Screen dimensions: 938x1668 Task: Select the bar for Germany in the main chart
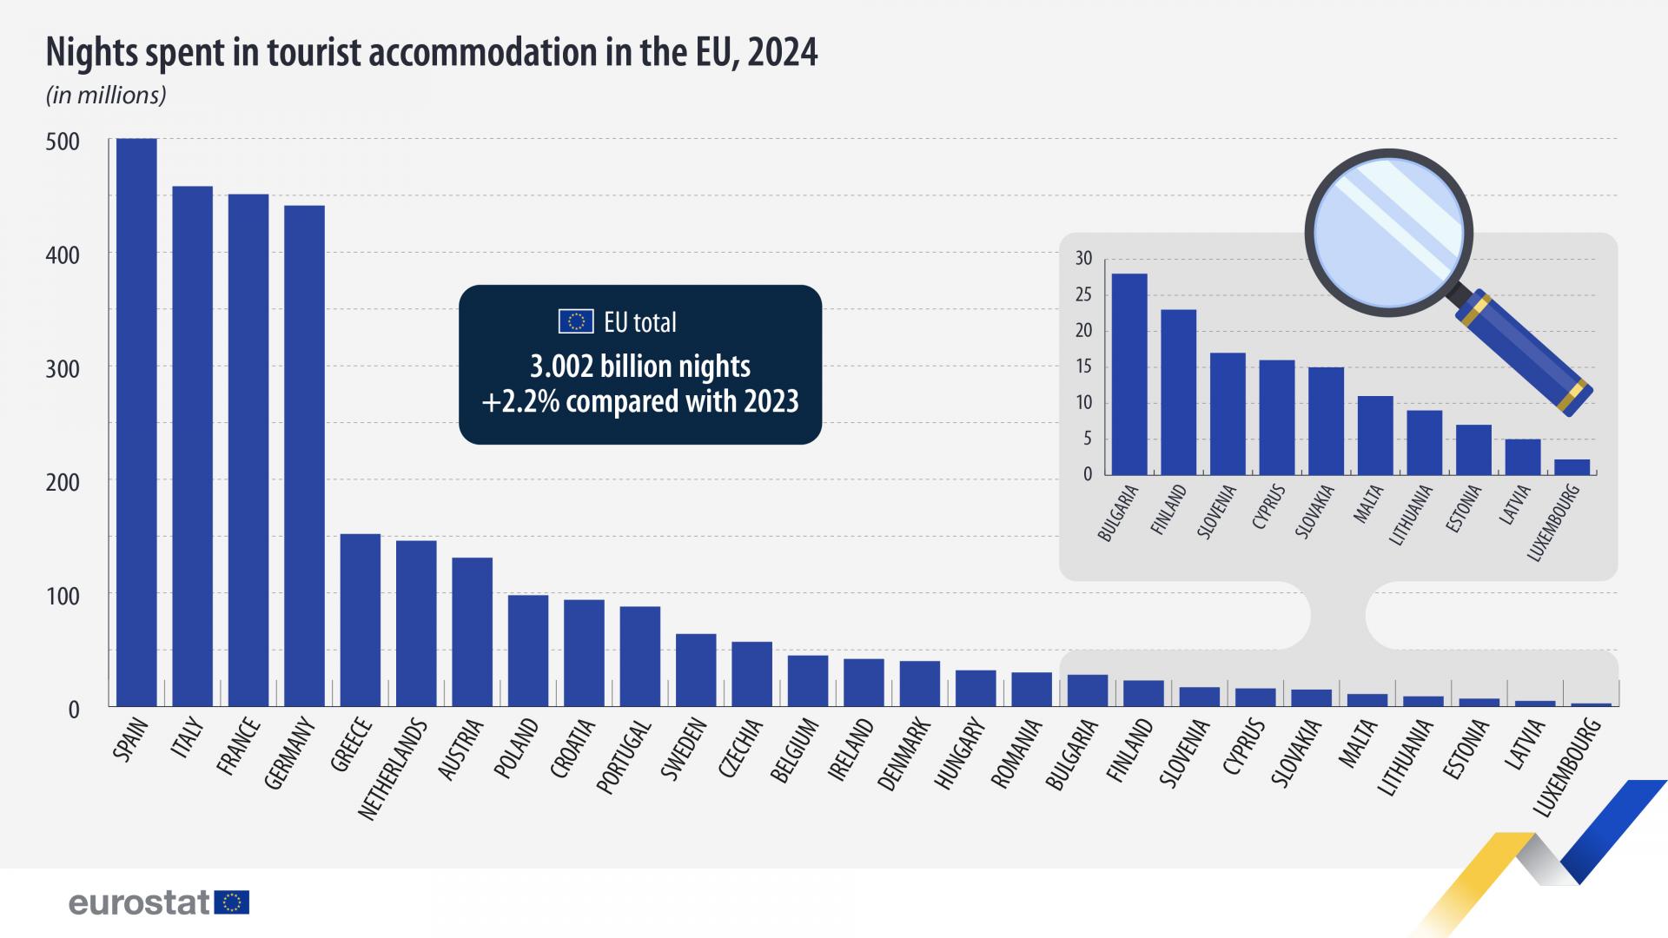[x=305, y=456]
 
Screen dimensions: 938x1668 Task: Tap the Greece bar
[x=361, y=620]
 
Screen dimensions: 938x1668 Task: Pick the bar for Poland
[x=528, y=651]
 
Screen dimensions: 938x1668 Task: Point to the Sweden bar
[x=696, y=670]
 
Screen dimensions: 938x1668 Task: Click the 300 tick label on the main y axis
[x=62, y=369]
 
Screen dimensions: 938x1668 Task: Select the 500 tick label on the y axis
[x=62, y=142]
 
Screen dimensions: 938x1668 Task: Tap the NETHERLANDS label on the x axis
[x=394, y=770]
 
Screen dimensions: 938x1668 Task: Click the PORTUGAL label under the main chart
[x=624, y=756]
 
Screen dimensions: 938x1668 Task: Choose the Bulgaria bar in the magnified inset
[x=1129, y=374]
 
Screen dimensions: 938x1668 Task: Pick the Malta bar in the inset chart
[x=1375, y=435]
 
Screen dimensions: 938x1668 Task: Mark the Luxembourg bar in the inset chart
[x=1572, y=467]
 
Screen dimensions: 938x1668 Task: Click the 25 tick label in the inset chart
[x=1082, y=295]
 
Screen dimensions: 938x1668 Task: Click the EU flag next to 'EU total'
[x=575, y=322]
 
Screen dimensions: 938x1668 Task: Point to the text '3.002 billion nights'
[x=640, y=367]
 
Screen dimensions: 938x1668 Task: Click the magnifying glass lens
[x=1388, y=232]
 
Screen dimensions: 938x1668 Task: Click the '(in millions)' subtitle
[x=106, y=96]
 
